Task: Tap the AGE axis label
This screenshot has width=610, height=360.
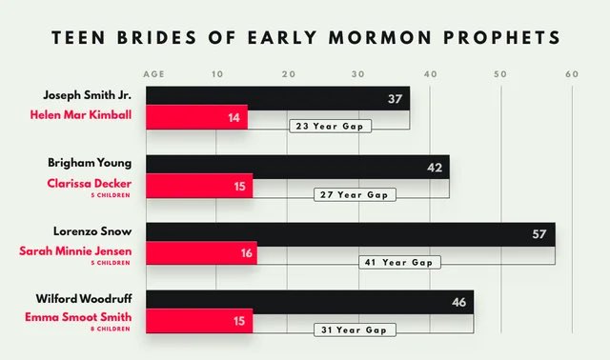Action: (153, 73)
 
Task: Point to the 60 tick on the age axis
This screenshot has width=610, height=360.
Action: (571, 73)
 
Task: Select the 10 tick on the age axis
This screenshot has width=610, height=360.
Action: (216, 73)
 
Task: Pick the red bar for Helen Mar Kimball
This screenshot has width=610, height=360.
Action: (195, 117)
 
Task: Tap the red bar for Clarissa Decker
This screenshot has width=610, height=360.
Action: (198, 185)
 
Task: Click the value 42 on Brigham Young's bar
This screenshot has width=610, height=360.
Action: (434, 167)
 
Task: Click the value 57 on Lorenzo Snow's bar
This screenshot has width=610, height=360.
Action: (539, 234)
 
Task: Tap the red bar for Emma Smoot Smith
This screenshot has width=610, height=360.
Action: (198, 321)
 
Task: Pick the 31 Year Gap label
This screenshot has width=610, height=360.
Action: (355, 330)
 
